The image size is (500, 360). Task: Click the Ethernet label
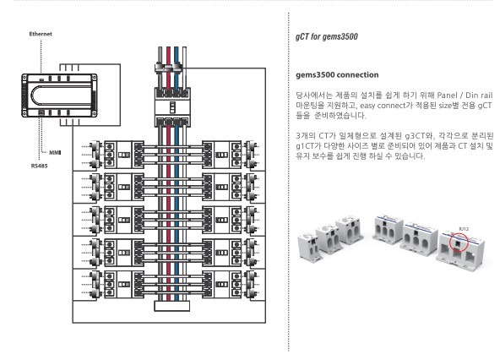click(41, 34)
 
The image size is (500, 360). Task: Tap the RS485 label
click(39, 166)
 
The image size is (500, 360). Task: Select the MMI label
click(55, 153)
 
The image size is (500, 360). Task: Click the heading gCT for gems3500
click(327, 36)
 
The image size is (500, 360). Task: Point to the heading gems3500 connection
click(337, 75)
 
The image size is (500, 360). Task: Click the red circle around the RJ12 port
click(459, 243)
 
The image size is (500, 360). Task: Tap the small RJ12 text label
click(464, 229)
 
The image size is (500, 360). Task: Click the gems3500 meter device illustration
click(59, 95)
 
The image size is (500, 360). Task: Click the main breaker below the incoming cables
click(172, 107)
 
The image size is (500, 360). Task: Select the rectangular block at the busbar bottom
click(172, 306)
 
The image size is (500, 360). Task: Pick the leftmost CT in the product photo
click(308, 245)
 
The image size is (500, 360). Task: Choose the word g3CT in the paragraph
click(415, 136)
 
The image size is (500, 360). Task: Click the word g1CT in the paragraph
click(305, 146)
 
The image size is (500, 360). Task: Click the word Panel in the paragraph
click(447, 95)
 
